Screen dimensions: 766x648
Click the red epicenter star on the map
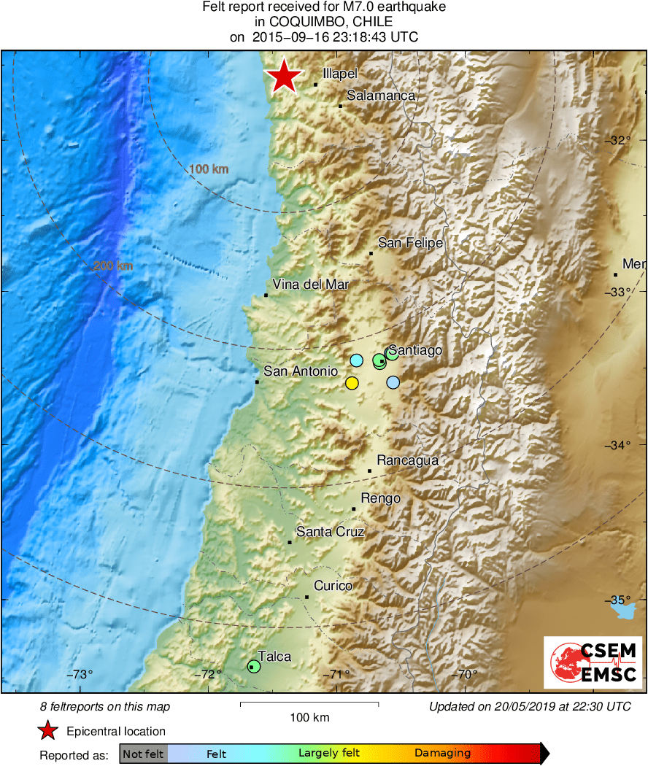click(x=284, y=77)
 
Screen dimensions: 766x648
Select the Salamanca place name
click(x=381, y=96)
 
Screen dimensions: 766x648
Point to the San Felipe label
click(x=410, y=243)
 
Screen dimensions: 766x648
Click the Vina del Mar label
click(x=311, y=285)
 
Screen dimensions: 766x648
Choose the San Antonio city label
click(x=301, y=371)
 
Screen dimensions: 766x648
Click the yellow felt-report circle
click(x=352, y=383)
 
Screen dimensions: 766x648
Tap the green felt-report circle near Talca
click(x=253, y=666)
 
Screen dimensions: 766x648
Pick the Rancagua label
click(x=407, y=460)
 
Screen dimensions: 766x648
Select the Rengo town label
click(x=380, y=498)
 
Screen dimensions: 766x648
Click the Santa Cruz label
click(x=330, y=532)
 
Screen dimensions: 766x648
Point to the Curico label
click(x=333, y=586)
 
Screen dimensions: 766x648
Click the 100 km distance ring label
click(x=209, y=169)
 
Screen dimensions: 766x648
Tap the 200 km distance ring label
click(x=113, y=266)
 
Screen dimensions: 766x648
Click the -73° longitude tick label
click(x=80, y=674)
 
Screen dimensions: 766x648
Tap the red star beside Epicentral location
click(x=48, y=731)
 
